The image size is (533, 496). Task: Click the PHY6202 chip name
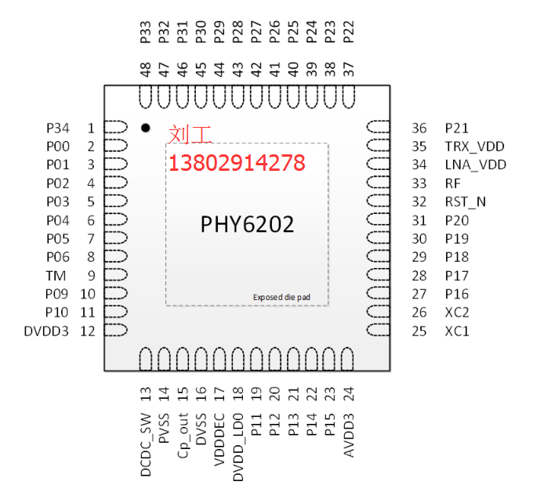point(248,225)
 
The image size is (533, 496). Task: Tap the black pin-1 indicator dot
point(145,128)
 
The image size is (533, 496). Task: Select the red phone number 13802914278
point(237,164)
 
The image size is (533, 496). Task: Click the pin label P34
point(58,128)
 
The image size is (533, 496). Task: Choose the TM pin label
point(56,276)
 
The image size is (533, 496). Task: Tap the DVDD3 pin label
point(47,331)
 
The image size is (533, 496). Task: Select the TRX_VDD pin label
point(474,147)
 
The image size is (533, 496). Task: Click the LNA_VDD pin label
point(475,165)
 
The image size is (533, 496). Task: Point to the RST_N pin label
point(466,201)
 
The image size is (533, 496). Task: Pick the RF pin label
point(452,183)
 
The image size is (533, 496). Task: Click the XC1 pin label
point(457,331)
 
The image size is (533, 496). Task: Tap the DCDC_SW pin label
point(145,445)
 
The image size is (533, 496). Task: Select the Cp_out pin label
point(183,435)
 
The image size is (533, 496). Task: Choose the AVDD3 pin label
point(349,436)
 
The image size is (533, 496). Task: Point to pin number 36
point(419,128)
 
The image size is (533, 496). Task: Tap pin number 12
point(88,331)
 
